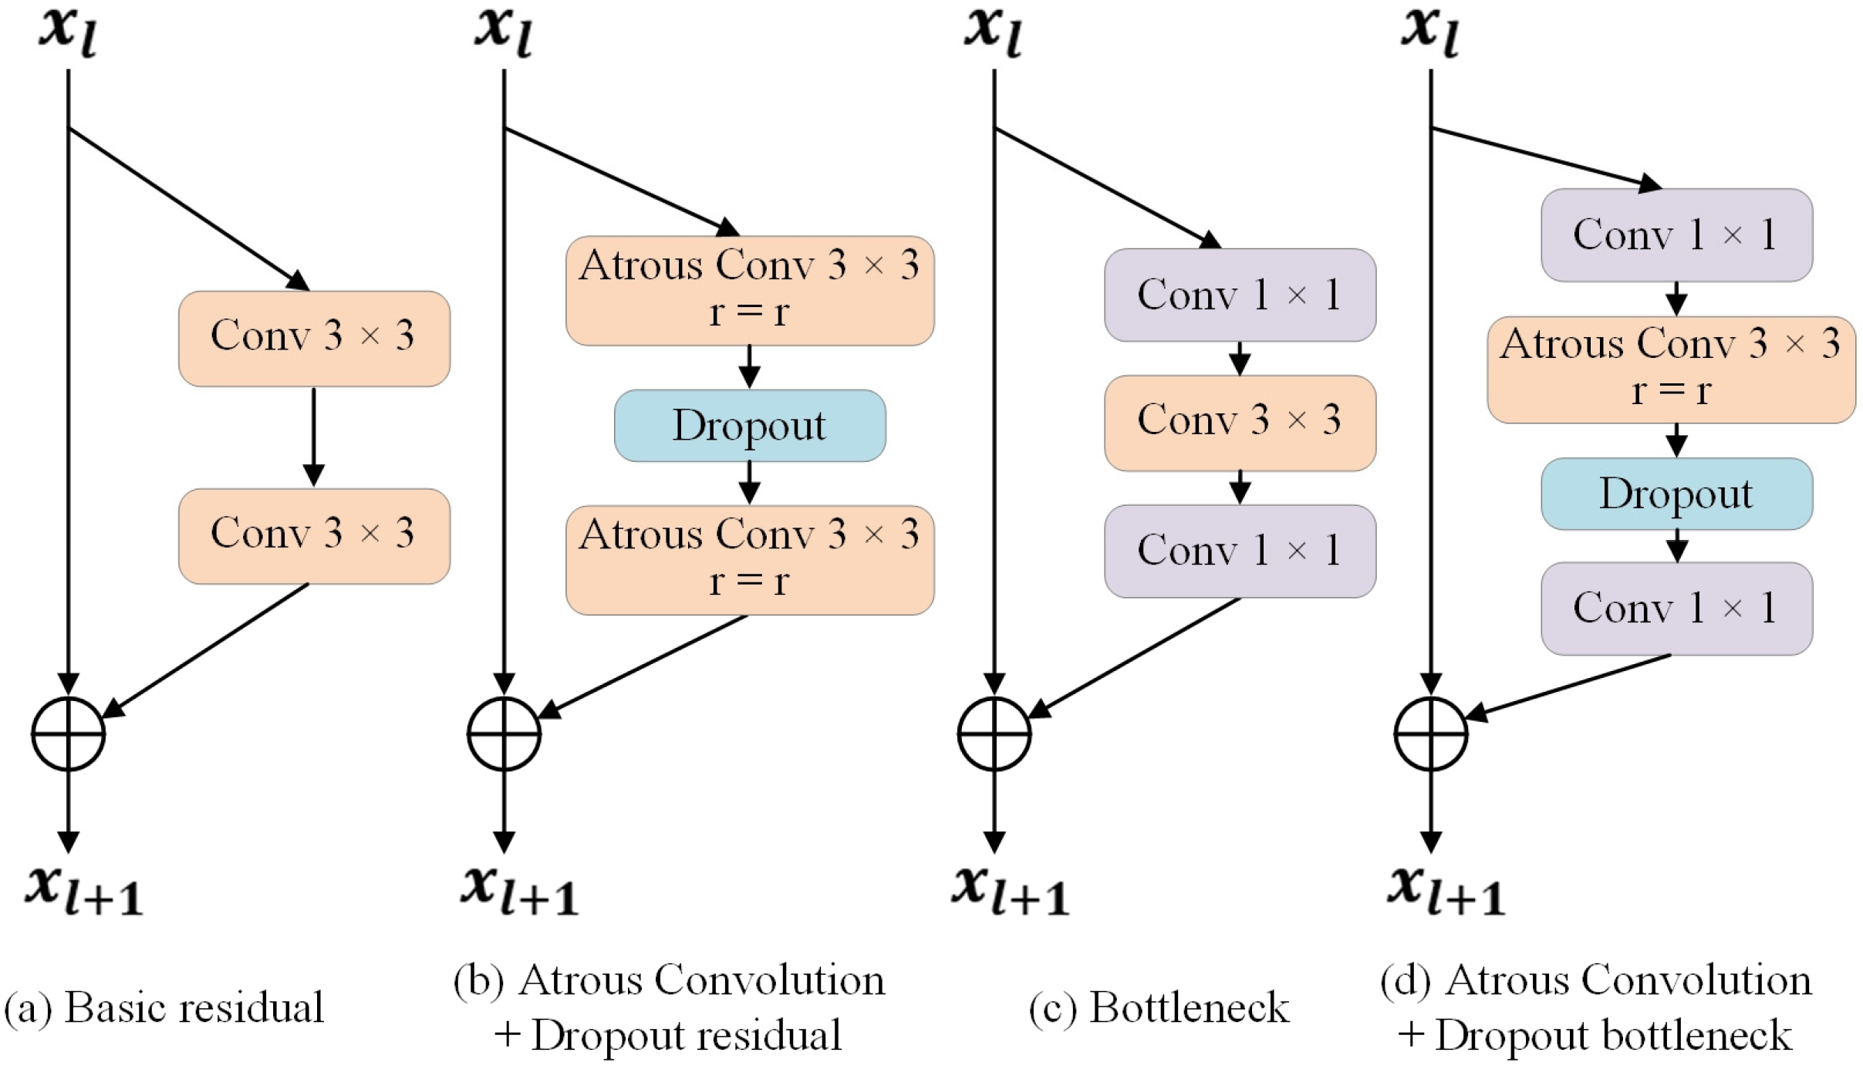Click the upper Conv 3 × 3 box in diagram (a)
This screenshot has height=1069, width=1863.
point(314,338)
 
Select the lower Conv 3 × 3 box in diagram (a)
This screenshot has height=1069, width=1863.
point(314,535)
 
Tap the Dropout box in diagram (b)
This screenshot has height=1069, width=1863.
point(749,425)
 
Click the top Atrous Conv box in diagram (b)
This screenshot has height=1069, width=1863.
point(749,290)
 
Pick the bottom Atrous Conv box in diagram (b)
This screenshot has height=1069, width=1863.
point(749,559)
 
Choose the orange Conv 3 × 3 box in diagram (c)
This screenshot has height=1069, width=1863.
point(1239,423)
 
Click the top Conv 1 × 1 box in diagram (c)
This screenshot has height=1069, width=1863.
point(1239,295)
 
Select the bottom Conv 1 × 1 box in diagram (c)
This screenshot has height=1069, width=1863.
point(1239,551)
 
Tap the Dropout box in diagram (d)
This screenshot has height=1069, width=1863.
point(1676,494)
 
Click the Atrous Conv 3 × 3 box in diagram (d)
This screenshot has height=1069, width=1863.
point(1670,369)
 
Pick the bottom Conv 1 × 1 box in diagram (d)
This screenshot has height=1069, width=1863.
point(1676,608)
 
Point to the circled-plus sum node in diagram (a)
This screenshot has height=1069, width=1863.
point(68,733)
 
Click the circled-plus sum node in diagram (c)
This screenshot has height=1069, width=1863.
point(994,733)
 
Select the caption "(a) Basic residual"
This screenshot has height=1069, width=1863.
point(164,1007)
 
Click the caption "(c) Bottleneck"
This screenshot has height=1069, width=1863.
point(1159,1007)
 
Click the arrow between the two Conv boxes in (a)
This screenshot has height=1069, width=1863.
point(313,436)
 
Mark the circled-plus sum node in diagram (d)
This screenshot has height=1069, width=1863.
point(1430,733)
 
